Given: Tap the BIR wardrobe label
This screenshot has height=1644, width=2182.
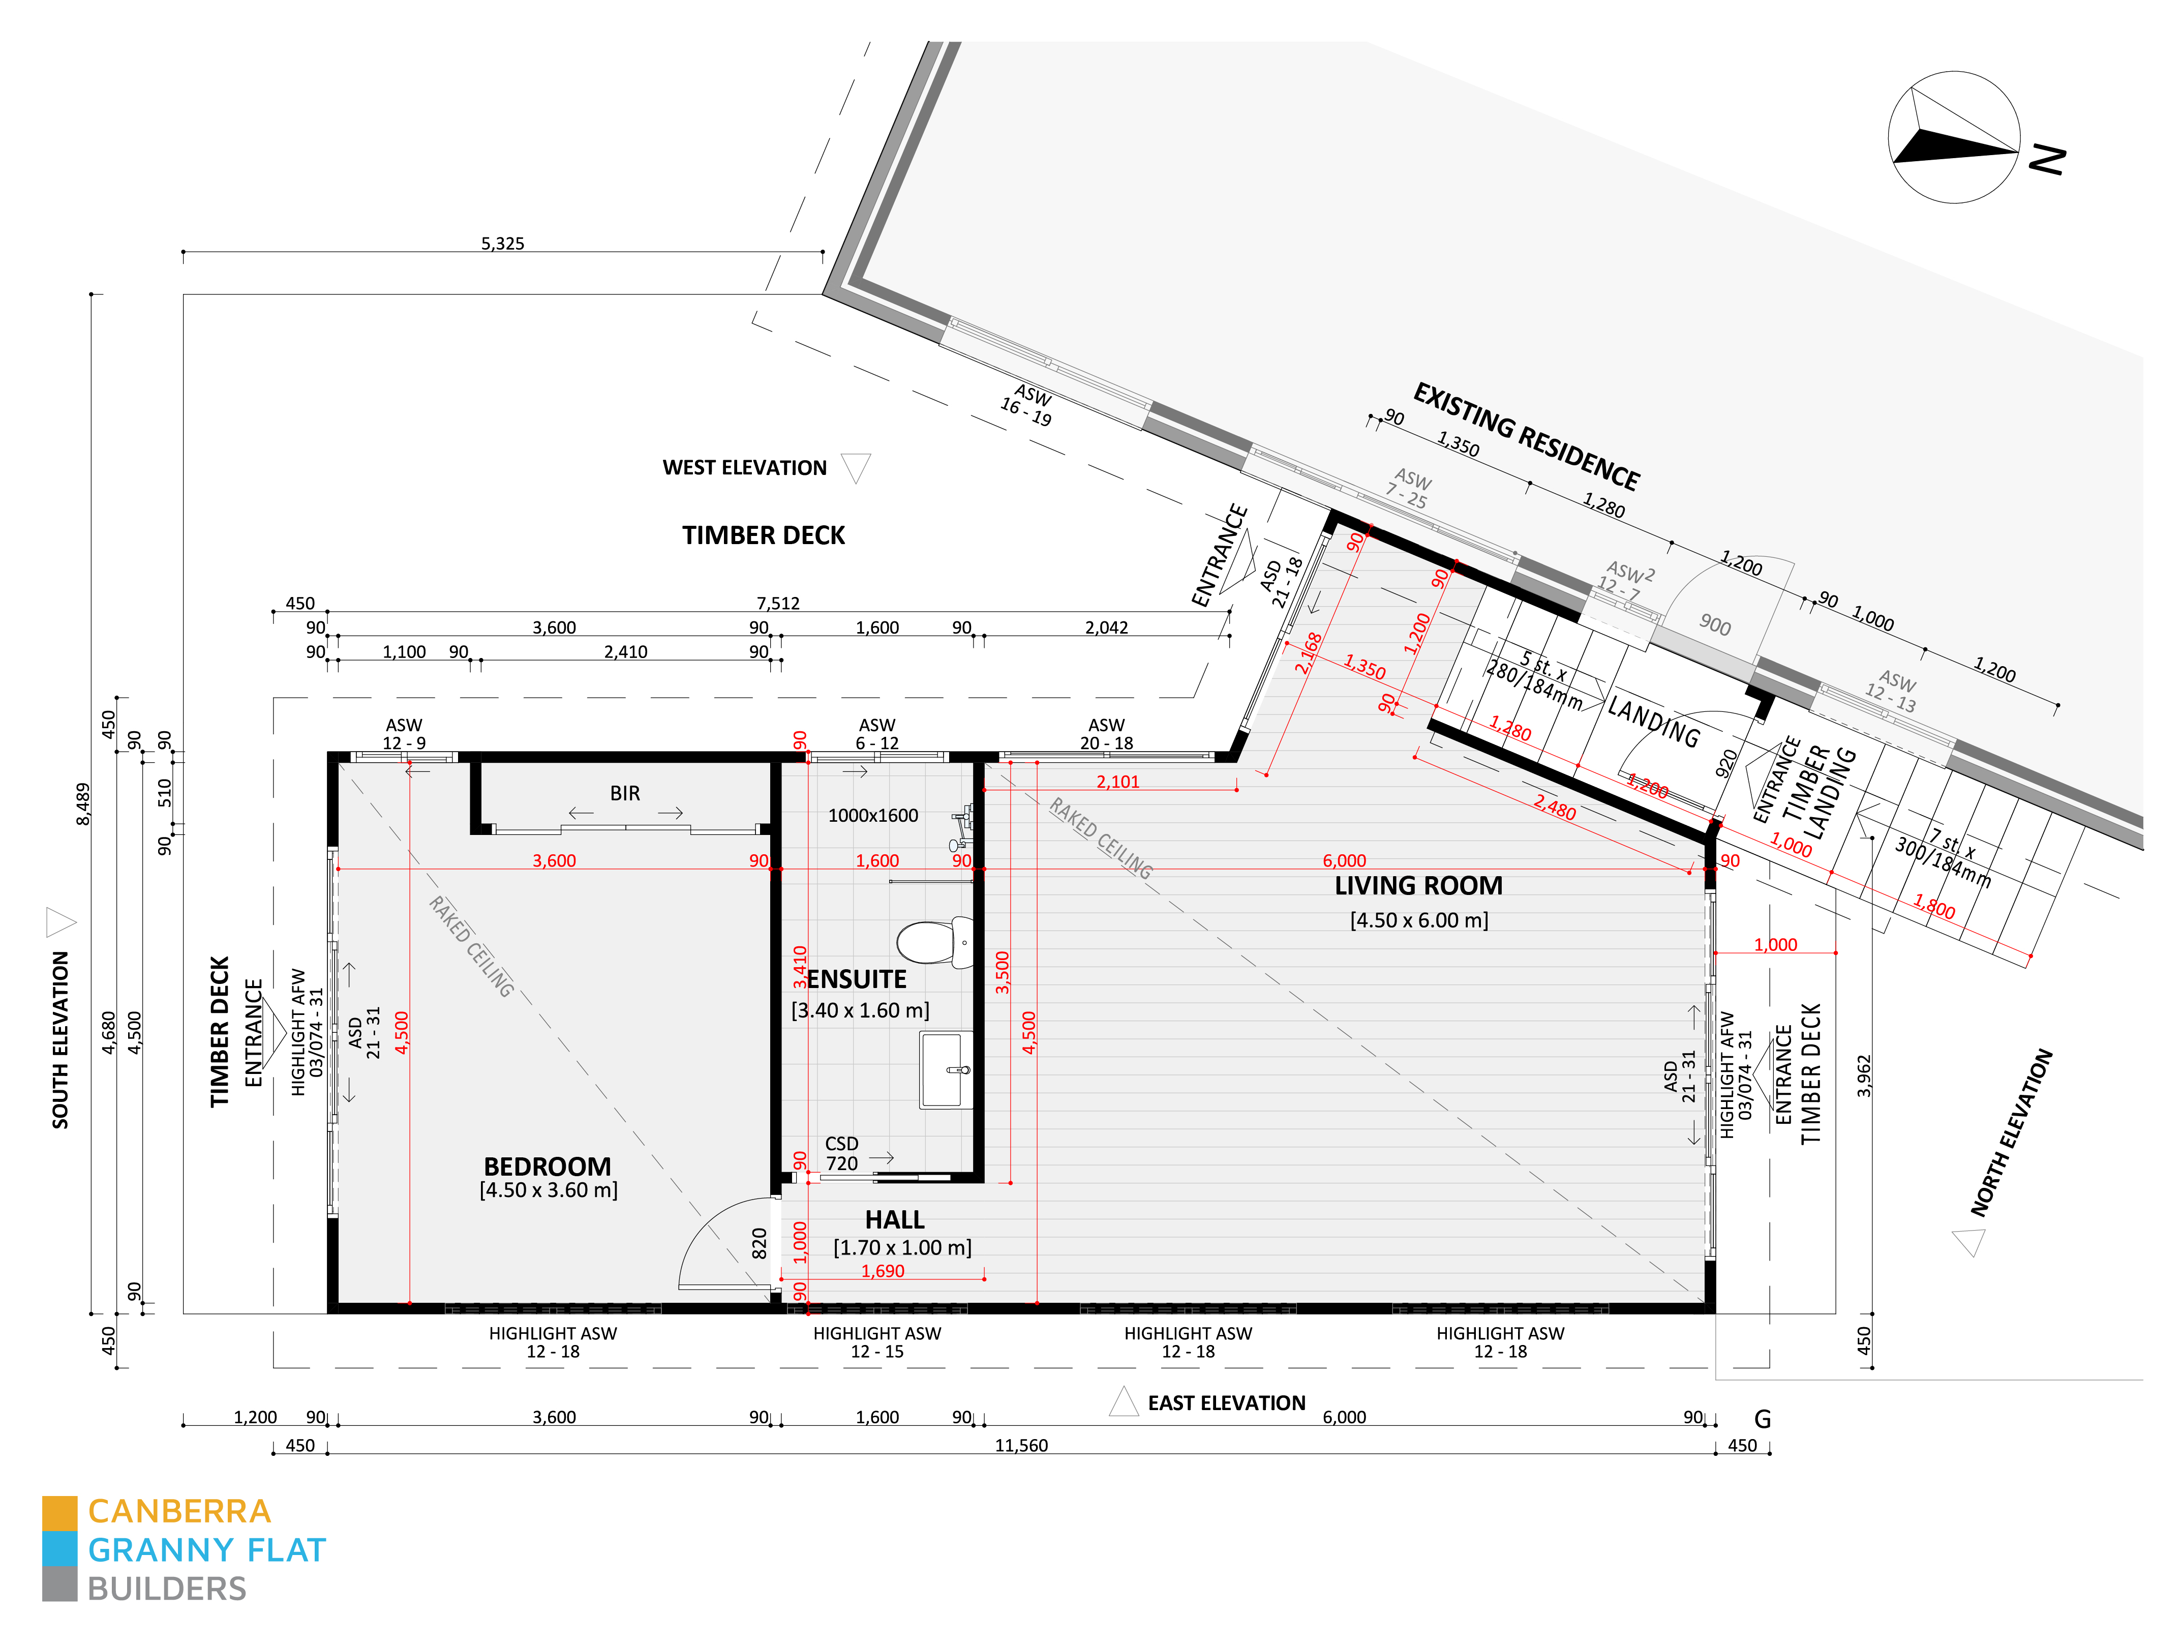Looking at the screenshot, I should pyautogui.click(x=624, y=793).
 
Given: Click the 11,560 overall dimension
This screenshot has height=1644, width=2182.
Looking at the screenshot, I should pyautogui.click(x=1021, y=1446).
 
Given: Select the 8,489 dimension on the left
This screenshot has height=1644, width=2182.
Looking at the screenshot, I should pyautogui.click(x=83, y=804).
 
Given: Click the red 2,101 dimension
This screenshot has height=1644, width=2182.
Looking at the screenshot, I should pyautogui.click(x=1117, y=782).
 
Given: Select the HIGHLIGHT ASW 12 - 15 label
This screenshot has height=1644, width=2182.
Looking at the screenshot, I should pyautogui.click(x=877, y=1342).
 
